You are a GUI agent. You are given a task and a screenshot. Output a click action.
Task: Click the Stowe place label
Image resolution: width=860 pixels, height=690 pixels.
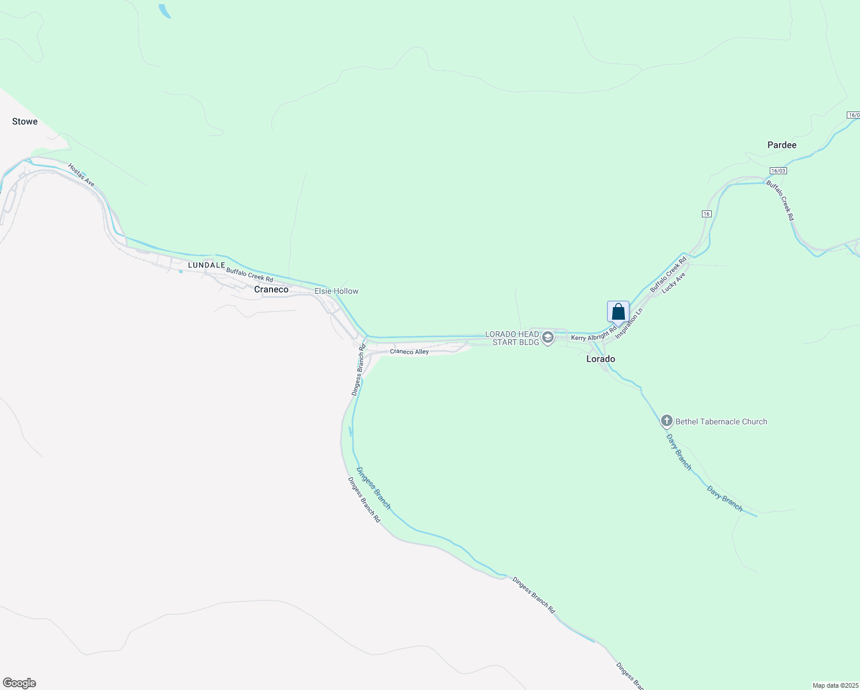25,121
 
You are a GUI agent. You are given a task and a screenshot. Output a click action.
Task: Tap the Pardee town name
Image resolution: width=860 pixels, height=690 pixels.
782,145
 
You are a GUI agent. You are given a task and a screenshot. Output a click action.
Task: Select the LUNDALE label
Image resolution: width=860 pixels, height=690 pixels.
206,265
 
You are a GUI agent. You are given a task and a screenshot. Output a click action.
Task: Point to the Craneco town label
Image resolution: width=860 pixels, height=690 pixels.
271,289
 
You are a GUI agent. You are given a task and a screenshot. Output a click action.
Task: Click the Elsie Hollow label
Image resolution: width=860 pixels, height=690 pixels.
336,291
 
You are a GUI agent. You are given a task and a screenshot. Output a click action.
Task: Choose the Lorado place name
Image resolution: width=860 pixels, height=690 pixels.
600,359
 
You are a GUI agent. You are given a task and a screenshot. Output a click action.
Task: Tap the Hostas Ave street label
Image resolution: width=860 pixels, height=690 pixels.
81,175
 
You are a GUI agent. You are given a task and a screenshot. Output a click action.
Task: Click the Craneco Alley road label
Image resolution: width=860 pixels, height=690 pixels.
409,351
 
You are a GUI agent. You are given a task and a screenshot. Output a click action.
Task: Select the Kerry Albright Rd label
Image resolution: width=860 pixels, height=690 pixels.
593,335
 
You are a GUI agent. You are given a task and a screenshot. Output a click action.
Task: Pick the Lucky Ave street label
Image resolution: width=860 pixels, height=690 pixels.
673,283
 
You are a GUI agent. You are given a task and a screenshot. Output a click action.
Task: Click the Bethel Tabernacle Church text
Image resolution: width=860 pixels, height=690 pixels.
721,421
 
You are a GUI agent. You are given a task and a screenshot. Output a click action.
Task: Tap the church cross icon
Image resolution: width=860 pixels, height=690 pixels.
666,421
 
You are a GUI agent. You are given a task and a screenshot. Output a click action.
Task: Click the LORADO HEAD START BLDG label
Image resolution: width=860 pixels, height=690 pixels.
512,338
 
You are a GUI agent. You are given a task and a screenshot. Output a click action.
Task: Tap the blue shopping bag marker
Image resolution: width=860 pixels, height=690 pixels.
618,312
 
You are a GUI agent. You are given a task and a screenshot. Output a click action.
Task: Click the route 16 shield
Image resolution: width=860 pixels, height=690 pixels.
707,214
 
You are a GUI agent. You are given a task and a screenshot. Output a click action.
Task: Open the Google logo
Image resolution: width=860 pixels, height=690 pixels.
20,683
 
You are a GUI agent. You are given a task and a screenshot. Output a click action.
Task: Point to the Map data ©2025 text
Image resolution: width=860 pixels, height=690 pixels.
835,685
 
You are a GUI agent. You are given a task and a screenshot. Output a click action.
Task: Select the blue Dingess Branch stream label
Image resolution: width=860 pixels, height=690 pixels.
373,488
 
